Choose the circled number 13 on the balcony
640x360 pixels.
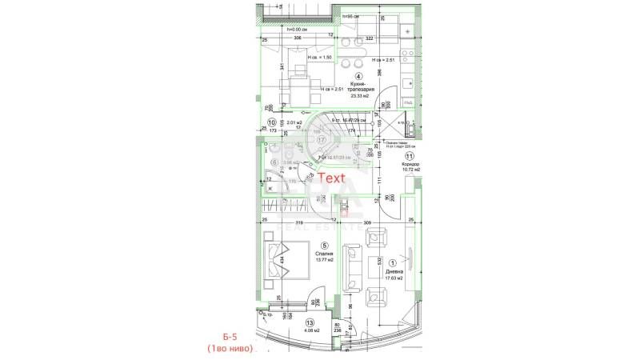pos(308,321)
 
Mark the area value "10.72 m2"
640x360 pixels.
pos(408,171)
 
